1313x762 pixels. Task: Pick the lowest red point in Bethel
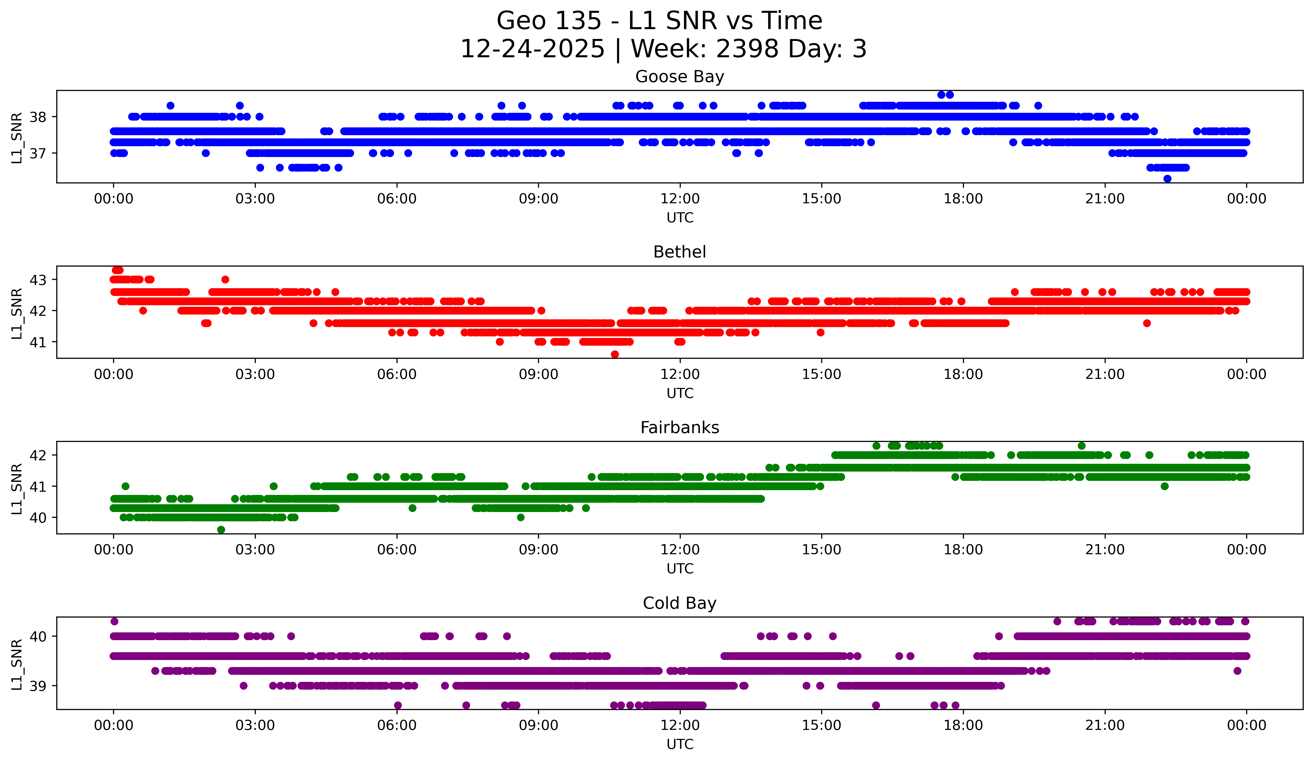click(x=615, y=354)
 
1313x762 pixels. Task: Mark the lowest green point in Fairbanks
click(x=221, y=530)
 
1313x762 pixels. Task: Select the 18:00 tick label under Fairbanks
click(x=963, y=550)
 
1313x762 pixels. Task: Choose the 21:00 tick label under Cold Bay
click(x=1105, y=726)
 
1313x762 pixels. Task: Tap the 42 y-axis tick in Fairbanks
click(x=37, y=455)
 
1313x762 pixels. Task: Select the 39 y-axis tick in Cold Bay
click(x=37, y=686)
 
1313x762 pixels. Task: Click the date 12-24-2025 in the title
click(x=532, y=49)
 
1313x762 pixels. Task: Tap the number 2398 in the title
click(x=747, y=49)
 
